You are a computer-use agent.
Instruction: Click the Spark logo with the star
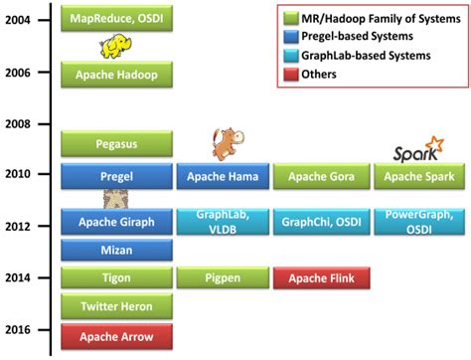click(x=417, y=151)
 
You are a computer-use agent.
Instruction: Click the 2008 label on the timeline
click(x=21, y=124)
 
